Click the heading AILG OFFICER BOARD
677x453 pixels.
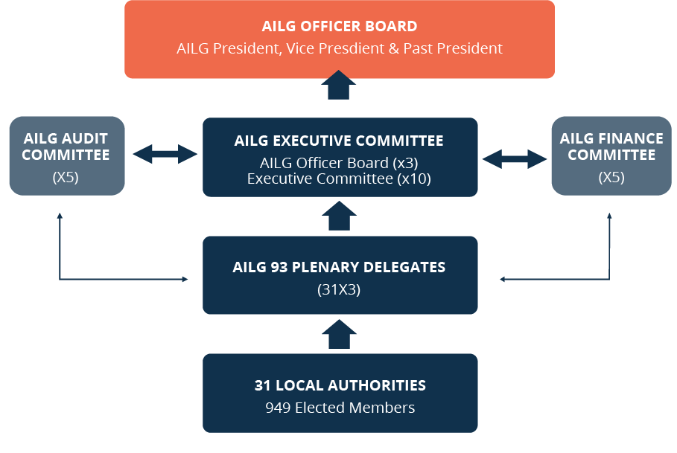(340, 26)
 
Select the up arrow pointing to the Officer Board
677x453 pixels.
(338, 85)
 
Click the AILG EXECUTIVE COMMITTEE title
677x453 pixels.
(339, 141)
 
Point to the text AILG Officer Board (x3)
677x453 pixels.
(339, 163)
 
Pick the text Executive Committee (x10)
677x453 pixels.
(339, 179)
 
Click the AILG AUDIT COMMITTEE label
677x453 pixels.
(66, 147)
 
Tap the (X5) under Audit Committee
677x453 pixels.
(66, 177)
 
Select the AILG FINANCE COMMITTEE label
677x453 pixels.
(611, 147)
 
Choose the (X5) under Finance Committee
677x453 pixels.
(611, 177)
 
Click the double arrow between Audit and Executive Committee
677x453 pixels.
(165, 154)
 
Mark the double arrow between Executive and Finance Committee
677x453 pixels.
(515, 159)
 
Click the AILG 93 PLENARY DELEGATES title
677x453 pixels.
(339, 267)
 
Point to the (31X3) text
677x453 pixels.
(339, 289)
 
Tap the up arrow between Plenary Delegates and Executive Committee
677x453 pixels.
(340, 216)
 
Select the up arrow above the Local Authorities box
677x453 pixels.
(340, 334)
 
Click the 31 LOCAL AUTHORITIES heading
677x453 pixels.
(340, 385)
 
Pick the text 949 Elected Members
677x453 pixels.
(340, 408)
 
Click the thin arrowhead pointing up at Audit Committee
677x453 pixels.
(60, 216)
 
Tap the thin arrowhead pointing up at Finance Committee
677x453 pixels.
(609, 216)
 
